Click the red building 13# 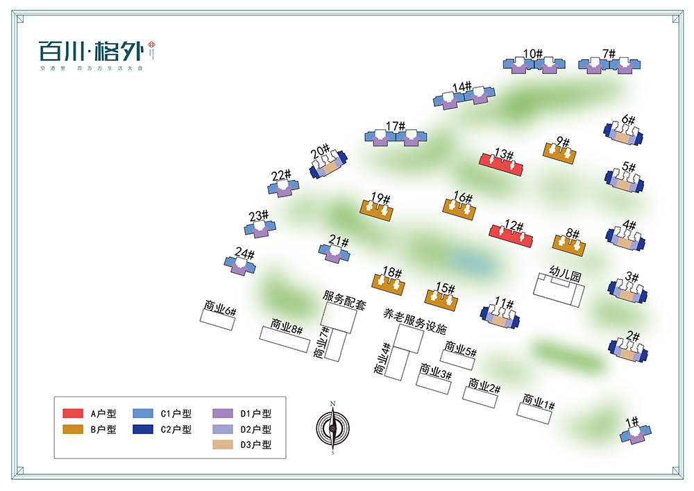point(501,164)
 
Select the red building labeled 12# point(511,236)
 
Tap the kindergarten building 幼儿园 point(559,288)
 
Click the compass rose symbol point(332,428)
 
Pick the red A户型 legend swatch point(73,413)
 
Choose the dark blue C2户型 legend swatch point(143,429)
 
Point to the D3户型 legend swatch point(223,444)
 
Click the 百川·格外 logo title point(90,51)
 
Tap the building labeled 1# point(636,435)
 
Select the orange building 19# point(378,209)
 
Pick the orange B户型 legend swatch point(73,429)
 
